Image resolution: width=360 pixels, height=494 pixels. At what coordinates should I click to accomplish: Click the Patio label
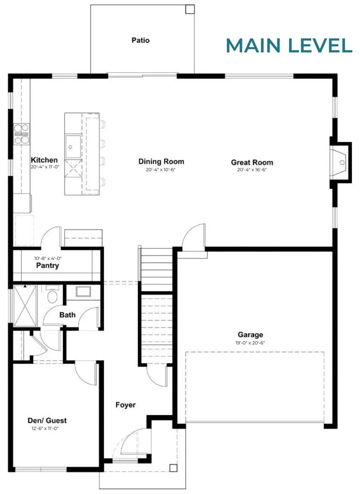(140, 40)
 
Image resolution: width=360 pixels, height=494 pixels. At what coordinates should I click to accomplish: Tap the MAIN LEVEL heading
(289, 46)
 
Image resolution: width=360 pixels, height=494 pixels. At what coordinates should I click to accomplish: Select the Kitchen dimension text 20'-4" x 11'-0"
(45, 167)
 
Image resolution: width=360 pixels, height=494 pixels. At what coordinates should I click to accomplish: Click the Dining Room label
(161, 162)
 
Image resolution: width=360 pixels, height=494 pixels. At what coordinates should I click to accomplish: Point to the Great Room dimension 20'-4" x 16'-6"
(252, 170)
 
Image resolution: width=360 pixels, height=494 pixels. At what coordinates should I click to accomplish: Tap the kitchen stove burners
(21, 134)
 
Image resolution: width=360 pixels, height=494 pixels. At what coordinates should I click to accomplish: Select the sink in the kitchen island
(73, 146)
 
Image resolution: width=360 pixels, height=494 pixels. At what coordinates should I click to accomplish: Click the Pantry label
(48, 265)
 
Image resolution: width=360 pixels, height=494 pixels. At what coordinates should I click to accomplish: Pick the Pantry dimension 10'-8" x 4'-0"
(48, 258)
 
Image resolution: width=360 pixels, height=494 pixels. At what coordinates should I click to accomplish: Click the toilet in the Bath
(52, 294)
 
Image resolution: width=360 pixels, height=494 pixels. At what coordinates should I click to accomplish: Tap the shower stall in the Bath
(25, 306)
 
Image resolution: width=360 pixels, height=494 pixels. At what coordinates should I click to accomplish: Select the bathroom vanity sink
(83, 292)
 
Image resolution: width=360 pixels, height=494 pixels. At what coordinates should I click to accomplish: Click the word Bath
(68, 315)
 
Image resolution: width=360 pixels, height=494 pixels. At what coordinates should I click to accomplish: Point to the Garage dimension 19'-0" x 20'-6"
(250, 343)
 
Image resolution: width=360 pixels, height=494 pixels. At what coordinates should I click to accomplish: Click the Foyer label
(126, 405)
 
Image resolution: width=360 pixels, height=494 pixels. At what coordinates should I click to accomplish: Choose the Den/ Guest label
(47, 420)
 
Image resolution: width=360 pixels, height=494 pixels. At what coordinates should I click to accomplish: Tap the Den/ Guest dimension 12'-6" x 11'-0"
(45, 428)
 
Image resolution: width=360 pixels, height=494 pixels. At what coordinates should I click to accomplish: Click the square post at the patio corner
(190, 9)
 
